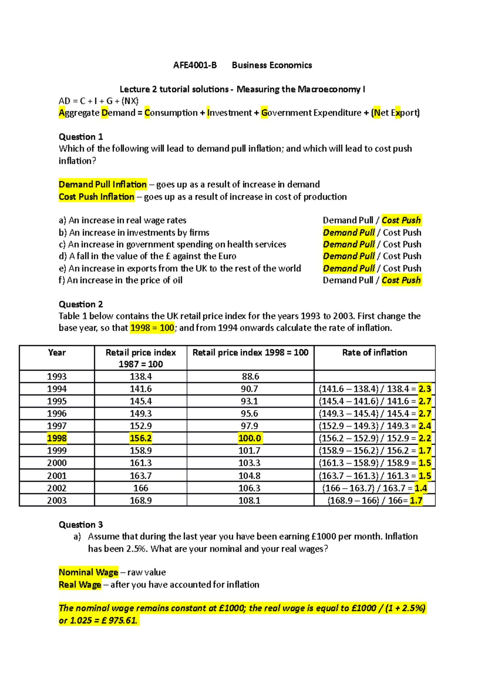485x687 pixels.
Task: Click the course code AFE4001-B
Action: coord(195,65)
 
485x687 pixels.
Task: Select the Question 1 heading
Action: coord(81,137)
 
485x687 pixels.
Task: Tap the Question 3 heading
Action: coord(81,525)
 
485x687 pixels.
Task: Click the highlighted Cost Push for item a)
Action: coord(401,221)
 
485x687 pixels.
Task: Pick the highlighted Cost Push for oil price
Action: coord(401,280)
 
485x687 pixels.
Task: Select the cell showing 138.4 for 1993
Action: coord(141,377)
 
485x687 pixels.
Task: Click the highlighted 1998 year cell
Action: coord(57,438)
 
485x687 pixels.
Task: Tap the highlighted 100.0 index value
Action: coord(249,438)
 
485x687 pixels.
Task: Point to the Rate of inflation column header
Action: coord(375,353)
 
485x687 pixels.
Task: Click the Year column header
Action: coord(57,353)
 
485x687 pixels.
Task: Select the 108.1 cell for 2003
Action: coord(249,500)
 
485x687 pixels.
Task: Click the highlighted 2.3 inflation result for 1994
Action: coord(425,389)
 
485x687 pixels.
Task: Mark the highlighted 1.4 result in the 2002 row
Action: coord(421,488)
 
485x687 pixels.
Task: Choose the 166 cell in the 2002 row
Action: coord(141,488)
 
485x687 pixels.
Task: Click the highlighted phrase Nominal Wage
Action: coord(89,572)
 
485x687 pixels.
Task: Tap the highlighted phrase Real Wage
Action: coord(80,585)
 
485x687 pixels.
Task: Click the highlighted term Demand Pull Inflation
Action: coord(103,184)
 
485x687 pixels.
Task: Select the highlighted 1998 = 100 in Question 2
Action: coord(152,328)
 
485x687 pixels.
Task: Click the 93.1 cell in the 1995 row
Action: coord(249,401)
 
